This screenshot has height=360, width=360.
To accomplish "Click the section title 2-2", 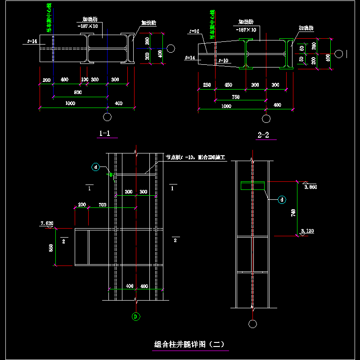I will (x=263, y=135).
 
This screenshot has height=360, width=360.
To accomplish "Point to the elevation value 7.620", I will (x=47, y=223).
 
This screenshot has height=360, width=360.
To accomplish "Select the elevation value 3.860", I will (x=311, y=186).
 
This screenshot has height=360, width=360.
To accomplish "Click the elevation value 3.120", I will (x=307, y=231).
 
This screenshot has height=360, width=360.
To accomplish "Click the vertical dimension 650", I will (x=51, y=247).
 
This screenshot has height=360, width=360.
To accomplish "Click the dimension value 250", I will (x=207, y=85).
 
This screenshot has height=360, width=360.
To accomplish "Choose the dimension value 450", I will (x=229, y=85).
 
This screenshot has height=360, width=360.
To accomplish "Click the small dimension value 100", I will (x=84, y=80).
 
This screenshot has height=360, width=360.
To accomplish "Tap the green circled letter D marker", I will (x=135, y=316).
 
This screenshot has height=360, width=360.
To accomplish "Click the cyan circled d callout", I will (x=282, y=199).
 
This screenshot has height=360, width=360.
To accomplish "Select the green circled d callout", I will (x=96, y=167).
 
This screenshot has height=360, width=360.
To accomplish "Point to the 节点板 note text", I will (x=195, y=157).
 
